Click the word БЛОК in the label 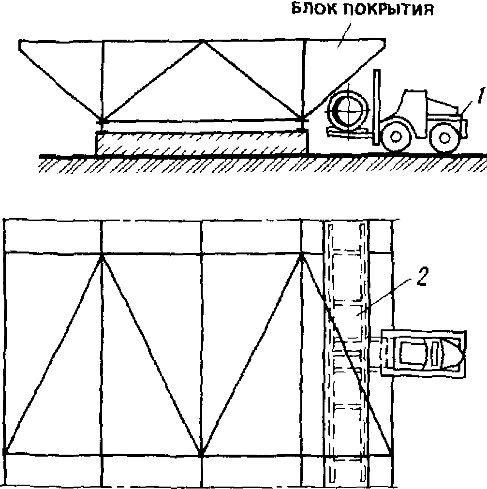(x=310, y=10)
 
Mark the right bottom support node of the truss (x=303, y=119)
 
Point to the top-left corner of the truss (x=20, y=42)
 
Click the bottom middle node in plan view (x=201, y=455)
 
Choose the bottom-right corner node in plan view (x=391, y=455)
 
